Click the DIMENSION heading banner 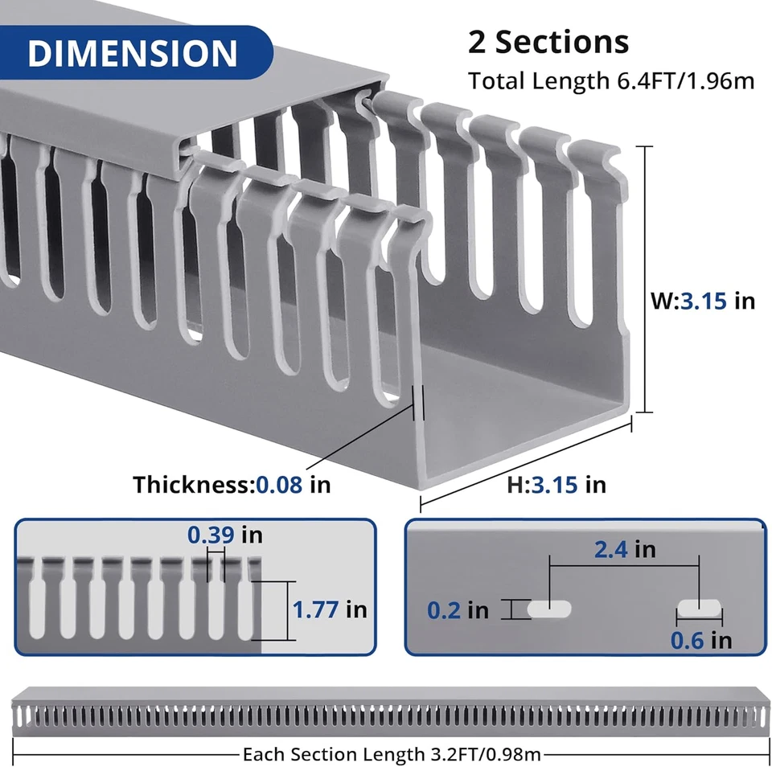tap(133, 52)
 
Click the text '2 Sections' tap(548, 42)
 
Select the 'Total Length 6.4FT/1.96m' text tap(611, 81)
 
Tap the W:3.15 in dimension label tap(702, 301)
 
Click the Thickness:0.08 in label tap(232, 484)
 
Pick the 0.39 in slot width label tap(224, 535)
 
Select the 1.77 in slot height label tap(329, 609)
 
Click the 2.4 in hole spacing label tap(624, 549)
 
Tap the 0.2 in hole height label tap(458, 610)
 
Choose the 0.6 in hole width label tap(700, 640)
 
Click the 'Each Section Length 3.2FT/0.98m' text tap(392, 754)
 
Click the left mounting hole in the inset tap(549, 609)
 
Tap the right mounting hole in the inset tap(700, 609)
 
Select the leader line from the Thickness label tap(362, 442)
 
